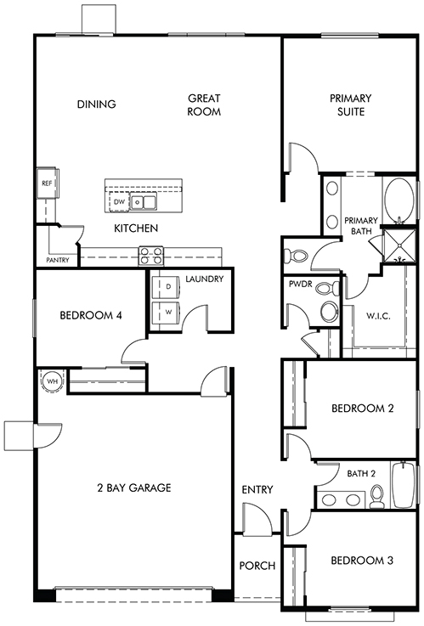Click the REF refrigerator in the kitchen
48,183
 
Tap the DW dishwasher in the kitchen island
119,202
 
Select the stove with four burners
151,256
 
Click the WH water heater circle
53,381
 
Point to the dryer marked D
166,286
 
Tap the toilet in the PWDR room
327,288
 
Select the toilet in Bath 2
377,497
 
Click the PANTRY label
58,260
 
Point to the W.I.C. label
378,316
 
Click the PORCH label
257,566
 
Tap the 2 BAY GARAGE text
134,488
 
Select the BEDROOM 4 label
91,315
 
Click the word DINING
97,104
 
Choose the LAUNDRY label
205,279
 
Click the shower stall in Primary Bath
399,245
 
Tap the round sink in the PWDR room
330,313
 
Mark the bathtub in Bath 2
404,485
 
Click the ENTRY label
257,489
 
